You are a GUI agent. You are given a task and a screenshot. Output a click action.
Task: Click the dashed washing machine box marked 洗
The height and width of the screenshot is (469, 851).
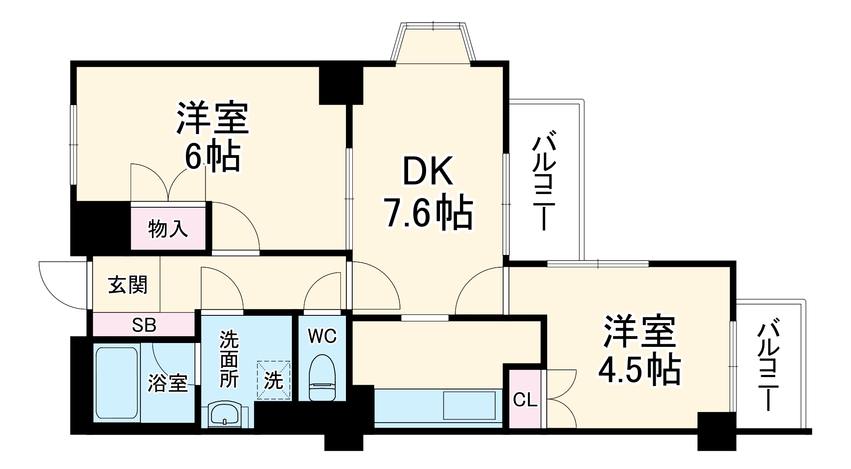point(274,380)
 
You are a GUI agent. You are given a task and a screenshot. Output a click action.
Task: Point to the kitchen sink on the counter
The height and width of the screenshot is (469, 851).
point(469,406)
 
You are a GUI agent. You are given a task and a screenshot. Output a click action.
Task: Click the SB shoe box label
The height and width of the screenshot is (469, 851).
point(144,325)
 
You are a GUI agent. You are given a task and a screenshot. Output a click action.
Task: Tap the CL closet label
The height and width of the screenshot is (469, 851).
point(525,400)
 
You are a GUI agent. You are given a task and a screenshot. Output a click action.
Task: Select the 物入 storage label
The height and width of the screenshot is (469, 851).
point(168,229)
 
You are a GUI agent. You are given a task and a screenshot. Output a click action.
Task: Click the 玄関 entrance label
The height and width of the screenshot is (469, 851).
point(127,284)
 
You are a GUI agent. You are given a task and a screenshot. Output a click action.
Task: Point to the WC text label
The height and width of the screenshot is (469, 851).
point(323,336)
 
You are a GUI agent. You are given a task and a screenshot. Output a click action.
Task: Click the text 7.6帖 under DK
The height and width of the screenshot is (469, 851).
point(428,213)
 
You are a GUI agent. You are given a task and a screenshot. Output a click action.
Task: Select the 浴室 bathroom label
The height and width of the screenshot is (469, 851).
point(168,383)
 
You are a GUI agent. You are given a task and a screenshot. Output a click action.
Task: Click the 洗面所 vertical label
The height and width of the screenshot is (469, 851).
point(228,360)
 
